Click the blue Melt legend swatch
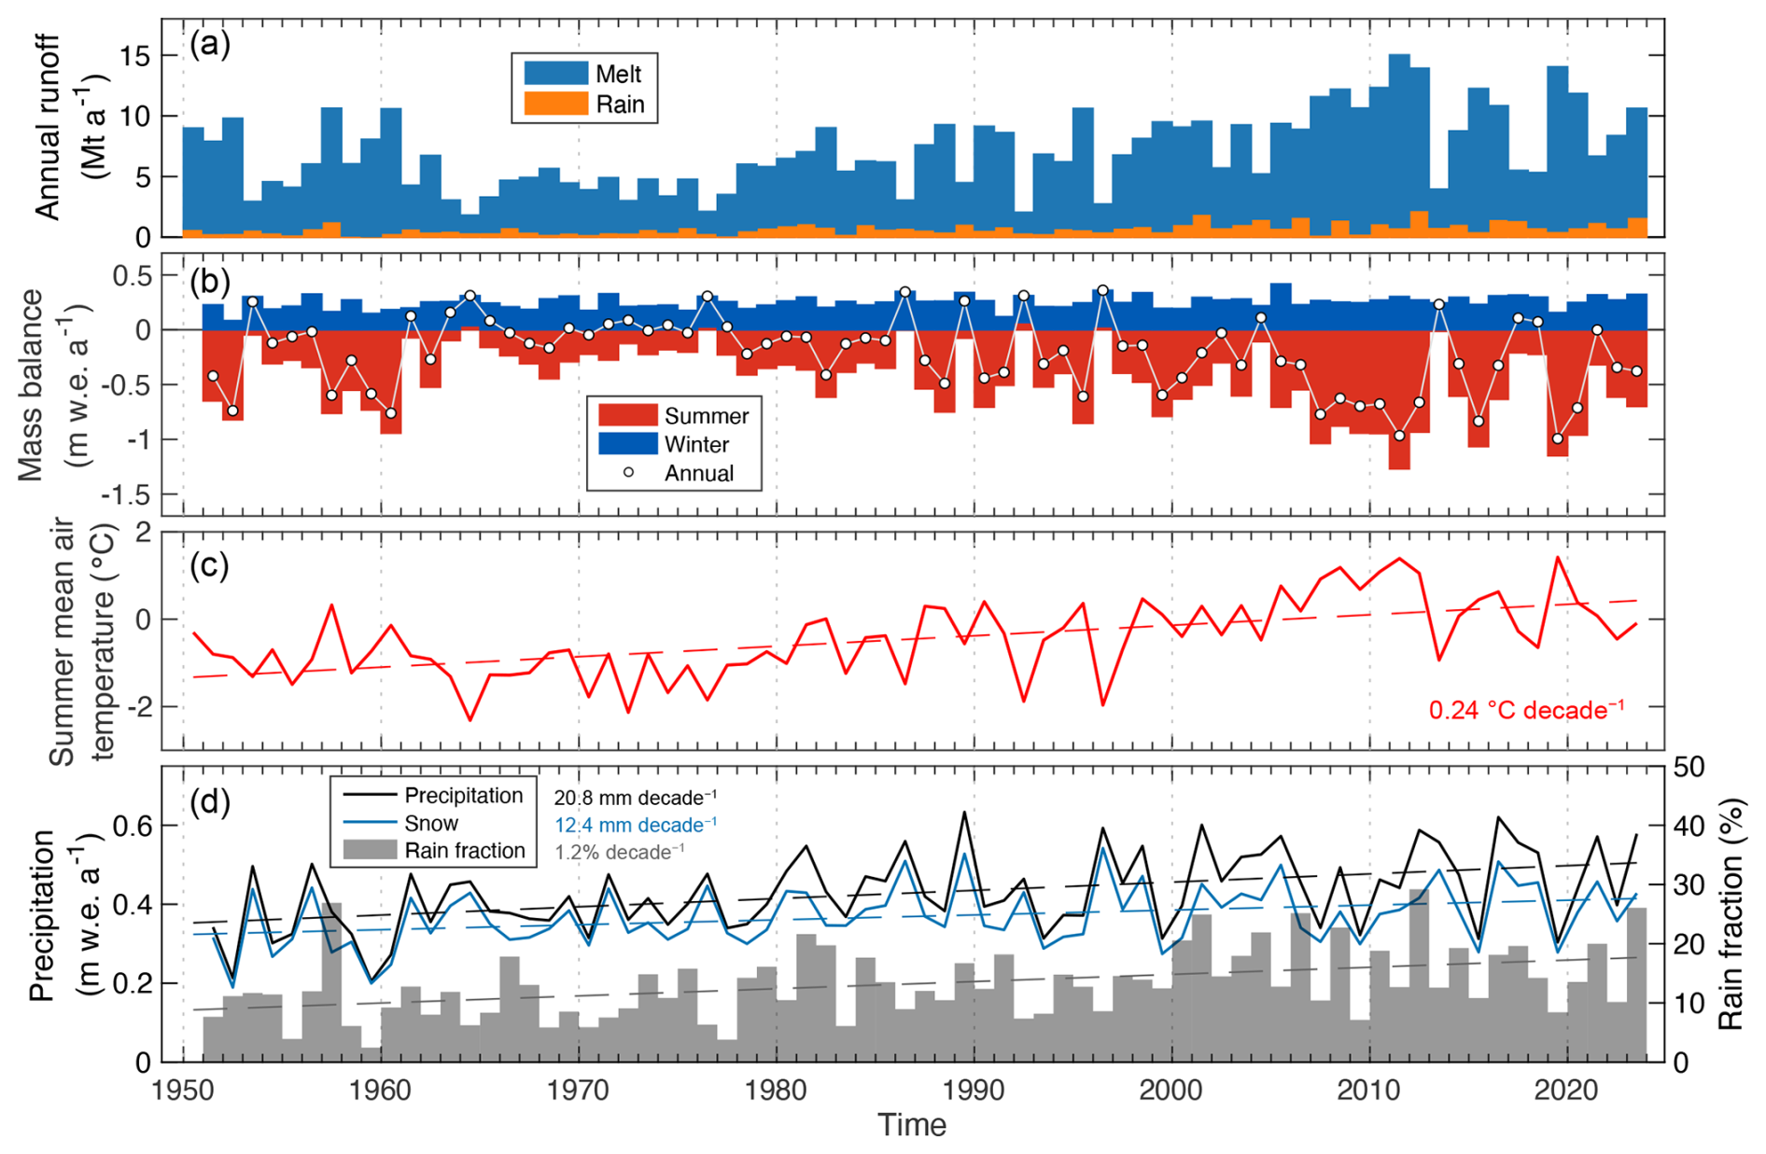tap(555, 74)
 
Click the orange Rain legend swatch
tap(555, 104)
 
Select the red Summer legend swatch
tap(627, 416)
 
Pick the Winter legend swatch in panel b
tap(627, 444)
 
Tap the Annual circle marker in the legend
tap(628, 473)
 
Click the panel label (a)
tap(209, 45)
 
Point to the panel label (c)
tap(209, 565)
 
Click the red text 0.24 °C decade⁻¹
tap(1526, 711)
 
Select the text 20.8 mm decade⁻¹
tap(635, 799)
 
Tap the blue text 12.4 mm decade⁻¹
tap(635, 826)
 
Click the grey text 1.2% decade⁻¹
tap(619, 853)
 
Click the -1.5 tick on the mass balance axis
tap(126, 495)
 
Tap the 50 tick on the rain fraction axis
tap(1690, 768)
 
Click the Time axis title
tap(911, 1126)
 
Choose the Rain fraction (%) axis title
tap(1732, 913)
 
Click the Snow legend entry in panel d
tap(430, 824)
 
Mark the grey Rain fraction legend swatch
tap(370, 851)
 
